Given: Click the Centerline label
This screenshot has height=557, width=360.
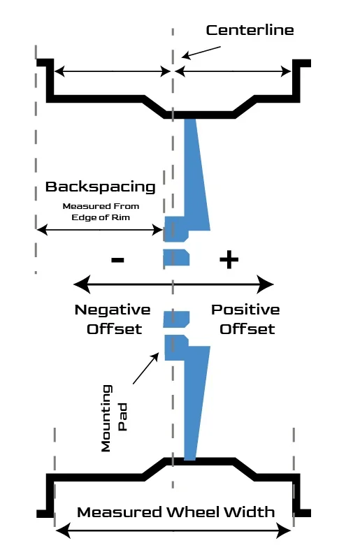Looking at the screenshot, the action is tap(250, 30).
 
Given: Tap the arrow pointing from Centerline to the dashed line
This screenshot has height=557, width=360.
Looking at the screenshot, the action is tap(201, 52).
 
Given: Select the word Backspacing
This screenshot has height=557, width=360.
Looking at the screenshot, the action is tap(101, 187).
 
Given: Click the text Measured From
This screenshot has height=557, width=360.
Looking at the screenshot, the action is tap(101, 206).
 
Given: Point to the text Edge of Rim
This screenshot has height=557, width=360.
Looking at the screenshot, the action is tap(101, 217).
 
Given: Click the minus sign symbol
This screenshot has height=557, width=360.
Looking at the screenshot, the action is tap(117, 260).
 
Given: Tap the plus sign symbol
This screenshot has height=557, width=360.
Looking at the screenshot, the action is tap(229, 260).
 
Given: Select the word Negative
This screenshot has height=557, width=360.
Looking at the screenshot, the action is tap(113, 310).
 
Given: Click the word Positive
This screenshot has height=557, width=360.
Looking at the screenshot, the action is tap(245, 310).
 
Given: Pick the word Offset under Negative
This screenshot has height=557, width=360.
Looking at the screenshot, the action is tap(115, 329).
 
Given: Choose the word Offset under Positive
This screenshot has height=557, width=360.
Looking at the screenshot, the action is tap(247, 329).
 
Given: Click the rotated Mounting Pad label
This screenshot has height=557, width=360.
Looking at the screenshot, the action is tap(114, 418).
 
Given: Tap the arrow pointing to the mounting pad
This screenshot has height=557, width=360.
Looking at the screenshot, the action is tap(146, 368).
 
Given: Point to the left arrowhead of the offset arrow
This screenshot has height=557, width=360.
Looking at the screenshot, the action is tap(82, 284).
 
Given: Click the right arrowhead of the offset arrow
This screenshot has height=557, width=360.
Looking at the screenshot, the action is tap(265, 284).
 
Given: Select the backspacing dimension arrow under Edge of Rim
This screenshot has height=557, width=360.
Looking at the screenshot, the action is tap(100, 230).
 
